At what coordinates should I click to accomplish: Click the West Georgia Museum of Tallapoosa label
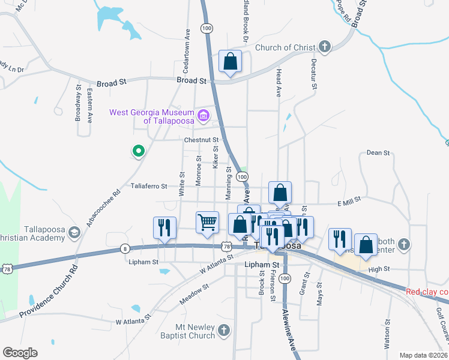point(152,116)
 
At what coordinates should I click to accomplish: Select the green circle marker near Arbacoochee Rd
point(138,151)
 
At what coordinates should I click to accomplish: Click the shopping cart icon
point(208,223)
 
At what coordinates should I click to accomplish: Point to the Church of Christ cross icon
point(325,47)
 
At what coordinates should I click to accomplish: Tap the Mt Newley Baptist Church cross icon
point(223,331)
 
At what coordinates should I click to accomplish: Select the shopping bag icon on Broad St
point(230,61)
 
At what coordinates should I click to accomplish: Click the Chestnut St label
point(191,141)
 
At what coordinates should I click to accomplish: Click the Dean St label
point(378,153)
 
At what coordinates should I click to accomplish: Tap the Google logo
point(20,353)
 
